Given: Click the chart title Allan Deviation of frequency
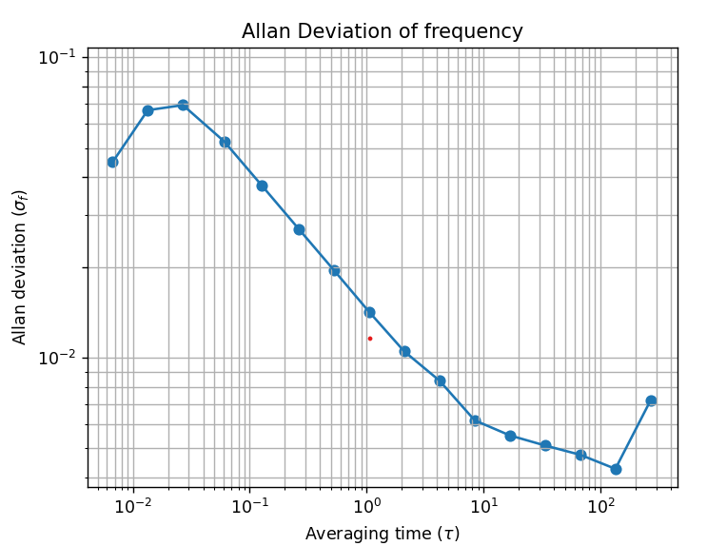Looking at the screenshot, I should tap(382, 31).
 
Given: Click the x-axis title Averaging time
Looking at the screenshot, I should tap(382, 534).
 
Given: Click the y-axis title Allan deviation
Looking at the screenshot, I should tap(20, 266).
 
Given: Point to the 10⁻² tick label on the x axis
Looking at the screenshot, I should tap(132, 504).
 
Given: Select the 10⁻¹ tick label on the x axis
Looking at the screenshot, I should tap(249, 504).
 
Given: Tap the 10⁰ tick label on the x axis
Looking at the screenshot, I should tap(366, 504).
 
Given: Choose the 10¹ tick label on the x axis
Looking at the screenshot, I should tap(483, 504).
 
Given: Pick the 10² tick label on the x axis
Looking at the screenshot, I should tap(600, 504).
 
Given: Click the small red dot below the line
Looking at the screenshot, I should tap(370, 339).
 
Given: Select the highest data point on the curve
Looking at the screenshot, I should tap(183, 105).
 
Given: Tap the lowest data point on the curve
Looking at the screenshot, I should tap(616, 469).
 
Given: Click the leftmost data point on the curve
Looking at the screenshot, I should tap(112, 162).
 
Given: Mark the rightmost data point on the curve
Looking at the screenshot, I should tap(651, 400).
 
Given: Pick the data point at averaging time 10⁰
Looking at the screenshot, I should tap(369, 312).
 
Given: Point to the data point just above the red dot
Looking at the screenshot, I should tap(369, 312).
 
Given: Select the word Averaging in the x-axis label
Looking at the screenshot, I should tap(342, 534).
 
